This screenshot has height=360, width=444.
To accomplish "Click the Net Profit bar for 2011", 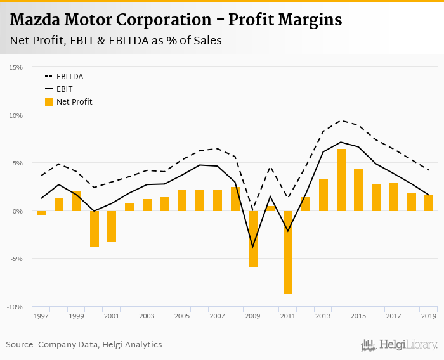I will click(x=288, y=252).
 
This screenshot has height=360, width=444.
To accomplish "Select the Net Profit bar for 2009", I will click(x=253, y=239).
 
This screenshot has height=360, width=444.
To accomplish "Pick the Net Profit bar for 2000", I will click(x=94, y=228).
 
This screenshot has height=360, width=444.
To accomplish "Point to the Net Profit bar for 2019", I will click(x=429, y=203).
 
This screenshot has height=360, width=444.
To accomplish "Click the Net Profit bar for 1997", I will click(x=41, y=213).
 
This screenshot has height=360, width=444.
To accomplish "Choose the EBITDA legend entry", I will click(x=69, y=77).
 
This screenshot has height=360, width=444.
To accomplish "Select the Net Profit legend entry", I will click(x=74, y=101).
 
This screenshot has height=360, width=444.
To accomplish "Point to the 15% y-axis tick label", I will click(x=16, y=67).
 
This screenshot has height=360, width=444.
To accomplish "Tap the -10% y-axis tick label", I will click(x=15, y=307).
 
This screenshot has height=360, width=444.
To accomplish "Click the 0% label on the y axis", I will click(x=18, y=211).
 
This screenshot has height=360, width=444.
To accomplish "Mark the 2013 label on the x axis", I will click(x=323, y=316).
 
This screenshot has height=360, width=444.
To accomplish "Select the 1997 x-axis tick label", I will click(x=41, y=316).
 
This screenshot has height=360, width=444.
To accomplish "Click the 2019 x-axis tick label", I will click(x=429, y=316).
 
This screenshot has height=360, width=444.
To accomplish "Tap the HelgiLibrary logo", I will click(x=400, y=345).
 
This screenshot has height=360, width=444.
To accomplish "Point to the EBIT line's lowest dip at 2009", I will click(x=253, y=247).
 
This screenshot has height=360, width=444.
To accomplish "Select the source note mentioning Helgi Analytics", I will click(x=84, y=345).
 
